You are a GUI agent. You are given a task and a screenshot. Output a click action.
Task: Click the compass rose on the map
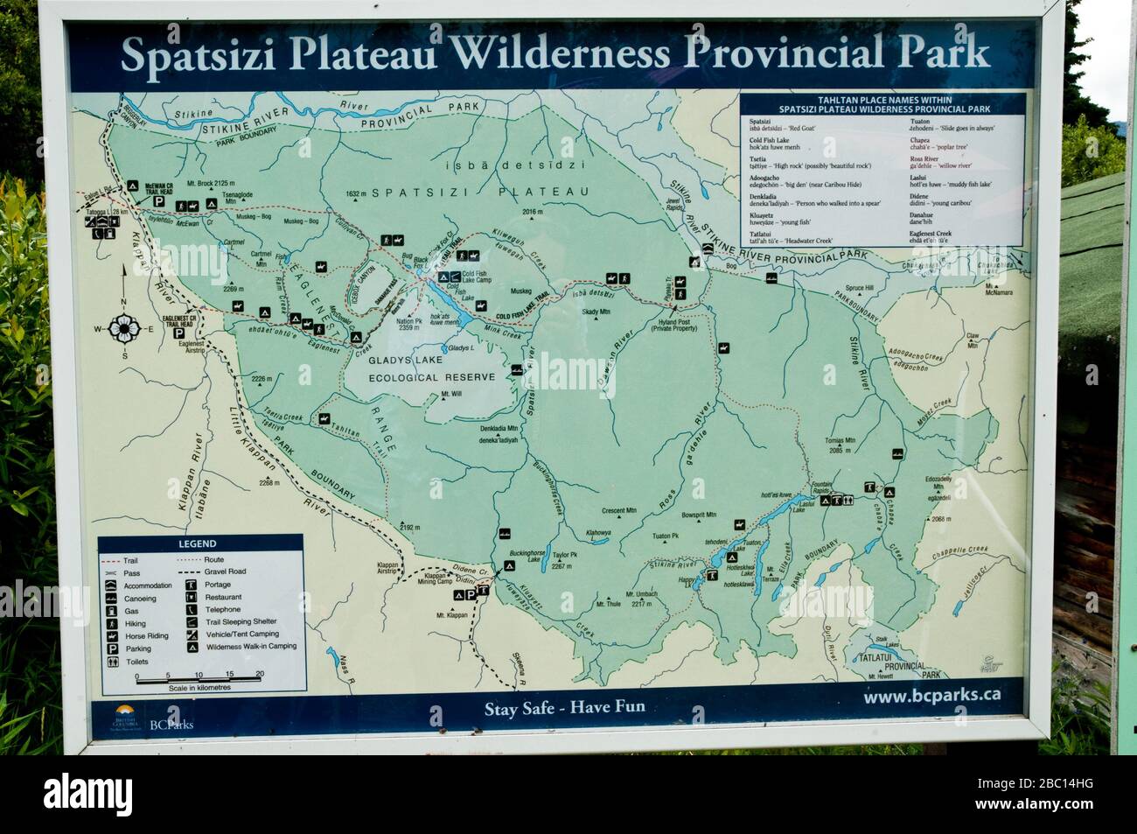coord(123,329)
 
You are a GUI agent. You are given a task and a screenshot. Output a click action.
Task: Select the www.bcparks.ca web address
coord(931,697)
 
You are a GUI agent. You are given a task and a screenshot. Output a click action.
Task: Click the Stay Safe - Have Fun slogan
coord(565,706)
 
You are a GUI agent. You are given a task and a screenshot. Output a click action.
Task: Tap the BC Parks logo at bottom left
coord(145,717)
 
